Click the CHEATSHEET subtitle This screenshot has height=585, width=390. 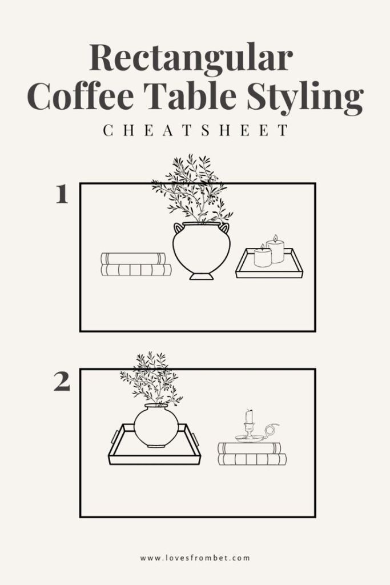tap(195, 131)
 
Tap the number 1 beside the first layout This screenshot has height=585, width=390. tap(62, 195)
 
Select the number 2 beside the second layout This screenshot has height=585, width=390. tap(62, 382)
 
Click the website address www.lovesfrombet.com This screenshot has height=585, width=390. tap(195, 558)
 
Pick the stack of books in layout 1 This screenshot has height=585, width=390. tap(136, 265)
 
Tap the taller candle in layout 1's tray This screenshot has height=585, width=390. tap(275, 250)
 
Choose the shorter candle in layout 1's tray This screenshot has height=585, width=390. tap(263, 257)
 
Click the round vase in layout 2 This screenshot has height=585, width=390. tap(156, 426)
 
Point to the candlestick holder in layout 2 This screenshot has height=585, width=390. tap(250, 430)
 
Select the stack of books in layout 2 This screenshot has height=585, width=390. tap(251, 454)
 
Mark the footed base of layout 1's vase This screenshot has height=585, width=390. tap(201, 276)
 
